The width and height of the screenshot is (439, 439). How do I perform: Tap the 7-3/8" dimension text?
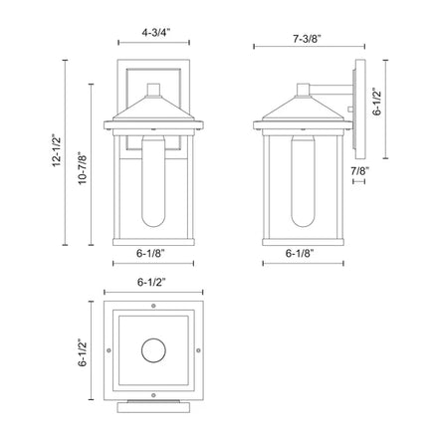pos(308,39)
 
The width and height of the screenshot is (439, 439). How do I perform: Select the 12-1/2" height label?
pos(57,150)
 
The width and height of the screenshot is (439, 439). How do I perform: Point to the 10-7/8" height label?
pos(83,168)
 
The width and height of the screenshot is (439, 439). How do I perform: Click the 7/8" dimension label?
pos(360,171)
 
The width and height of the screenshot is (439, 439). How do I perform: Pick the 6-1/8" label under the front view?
pos(150,253)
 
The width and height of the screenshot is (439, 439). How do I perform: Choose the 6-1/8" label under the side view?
pos(300,253)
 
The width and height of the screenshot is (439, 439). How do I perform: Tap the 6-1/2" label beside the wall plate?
pos(377,102)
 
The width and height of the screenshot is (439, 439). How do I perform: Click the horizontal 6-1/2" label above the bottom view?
pos(151,282)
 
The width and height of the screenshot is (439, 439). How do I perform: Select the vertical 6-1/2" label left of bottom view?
pos(83,352)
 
